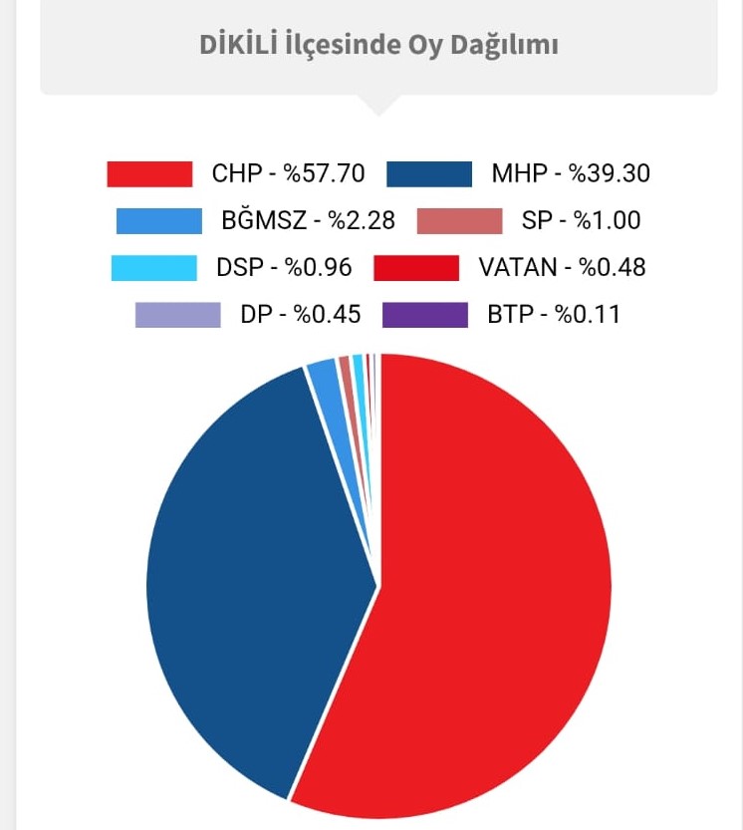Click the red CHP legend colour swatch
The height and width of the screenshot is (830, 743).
click(x=149, y=173)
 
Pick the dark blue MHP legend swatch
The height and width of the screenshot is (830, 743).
click(x=429, y=173)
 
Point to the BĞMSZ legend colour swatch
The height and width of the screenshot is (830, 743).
click(x=159, y=220)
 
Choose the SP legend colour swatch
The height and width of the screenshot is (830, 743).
click(x=460, y=220)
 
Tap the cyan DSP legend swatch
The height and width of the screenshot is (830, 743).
click(x=154, y=268)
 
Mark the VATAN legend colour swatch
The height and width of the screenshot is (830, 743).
click(x=416, y=268)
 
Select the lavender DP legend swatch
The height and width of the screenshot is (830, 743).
click(x=178, y=315)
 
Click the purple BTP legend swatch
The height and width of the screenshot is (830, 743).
click(x=425, y=315)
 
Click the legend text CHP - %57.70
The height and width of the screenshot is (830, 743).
click(x=288, y=173)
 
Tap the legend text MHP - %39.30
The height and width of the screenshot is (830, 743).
click(x=571, y=173)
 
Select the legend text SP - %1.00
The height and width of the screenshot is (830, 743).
click(x=582, y=220)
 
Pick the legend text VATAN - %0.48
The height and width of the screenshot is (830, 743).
click(x=562, y=268)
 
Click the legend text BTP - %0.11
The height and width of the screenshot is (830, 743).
click(x=554, y=315)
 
